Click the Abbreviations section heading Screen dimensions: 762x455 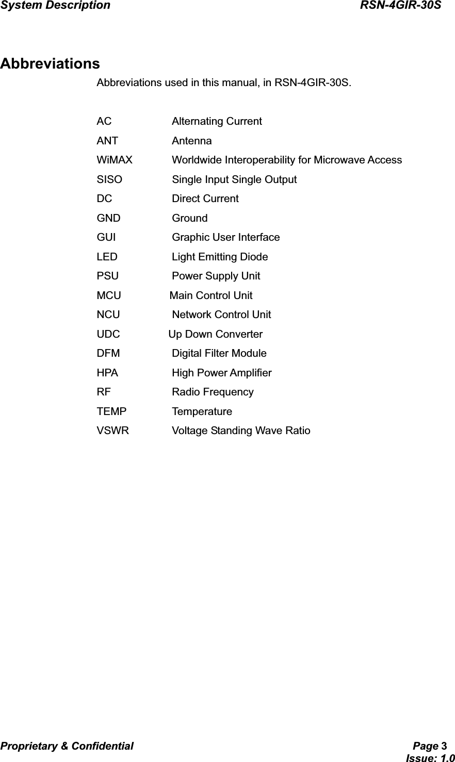(50, 64)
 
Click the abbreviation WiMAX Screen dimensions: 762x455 (115, 160)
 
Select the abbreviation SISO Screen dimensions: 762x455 (109, 179)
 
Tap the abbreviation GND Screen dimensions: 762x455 (108, 218)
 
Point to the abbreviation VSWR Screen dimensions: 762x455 (113, 430)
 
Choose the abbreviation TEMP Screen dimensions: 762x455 (111, 411)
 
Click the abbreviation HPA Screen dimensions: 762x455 (107, 373)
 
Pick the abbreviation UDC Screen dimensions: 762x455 (108, 334)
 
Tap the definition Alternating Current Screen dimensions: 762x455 (217, 122)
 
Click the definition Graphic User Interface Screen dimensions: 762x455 (226, 238)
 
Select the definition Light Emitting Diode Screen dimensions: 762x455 (220, 257)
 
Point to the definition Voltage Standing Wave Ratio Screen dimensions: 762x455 (241, 430)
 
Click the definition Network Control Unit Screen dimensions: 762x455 (221, 314)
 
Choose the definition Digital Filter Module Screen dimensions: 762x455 (219, 354)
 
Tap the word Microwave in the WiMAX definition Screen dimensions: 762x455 (339, 160)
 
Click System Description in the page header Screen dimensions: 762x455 (55, 6)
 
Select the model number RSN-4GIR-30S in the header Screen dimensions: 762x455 (400, 6)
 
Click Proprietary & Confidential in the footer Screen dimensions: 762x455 (67, 746)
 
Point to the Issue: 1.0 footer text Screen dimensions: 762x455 (430, 757)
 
